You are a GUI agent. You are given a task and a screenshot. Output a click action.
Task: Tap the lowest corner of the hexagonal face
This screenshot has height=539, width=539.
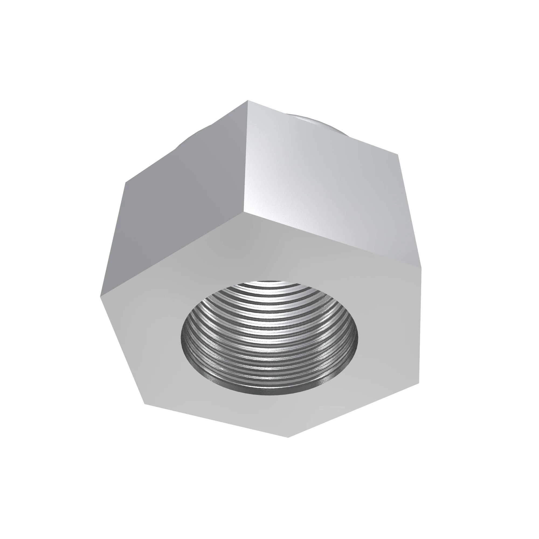(x=288, y=437)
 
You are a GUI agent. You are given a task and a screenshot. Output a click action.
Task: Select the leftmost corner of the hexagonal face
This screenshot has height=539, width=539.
(x=101, y=297)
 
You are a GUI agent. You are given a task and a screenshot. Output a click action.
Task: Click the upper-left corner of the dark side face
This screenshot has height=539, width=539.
(x=125, y=182)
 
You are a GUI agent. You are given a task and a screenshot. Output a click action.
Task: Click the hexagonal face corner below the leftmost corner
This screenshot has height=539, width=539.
(x=144, y=404)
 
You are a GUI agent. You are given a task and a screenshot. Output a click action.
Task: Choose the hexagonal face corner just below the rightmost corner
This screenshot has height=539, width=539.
(x=419, y=383)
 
